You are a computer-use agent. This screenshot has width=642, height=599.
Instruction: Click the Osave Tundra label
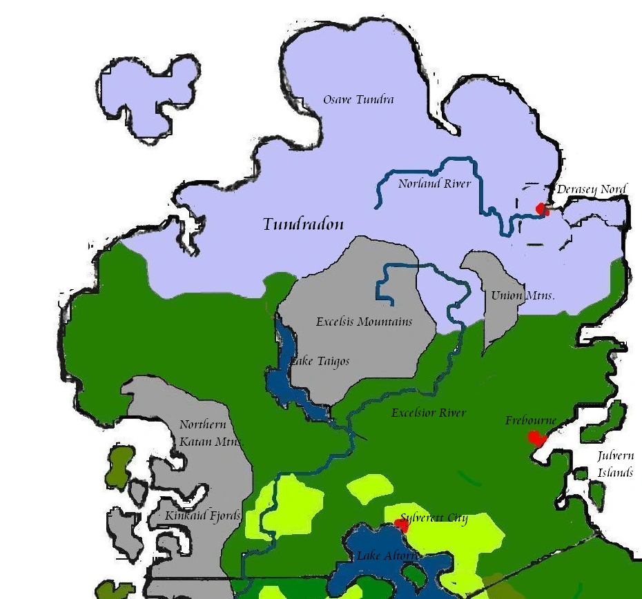click(358, 100)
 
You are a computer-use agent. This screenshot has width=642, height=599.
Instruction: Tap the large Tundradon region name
click(303, 224)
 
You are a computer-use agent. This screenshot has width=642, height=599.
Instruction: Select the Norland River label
click(434, 184)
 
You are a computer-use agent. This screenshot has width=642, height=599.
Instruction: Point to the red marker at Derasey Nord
click(542, 208)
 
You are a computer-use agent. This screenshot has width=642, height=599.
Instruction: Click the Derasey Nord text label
click(592, 189)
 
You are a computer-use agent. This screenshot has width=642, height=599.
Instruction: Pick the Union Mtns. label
click(522, 295)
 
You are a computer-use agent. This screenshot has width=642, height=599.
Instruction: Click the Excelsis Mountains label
click(364, 322)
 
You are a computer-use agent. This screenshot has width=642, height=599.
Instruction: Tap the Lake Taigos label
click(320, 361)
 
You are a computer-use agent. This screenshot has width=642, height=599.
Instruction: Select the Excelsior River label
click(428, 413)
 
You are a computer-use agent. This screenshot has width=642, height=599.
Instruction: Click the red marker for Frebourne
click(536, 438)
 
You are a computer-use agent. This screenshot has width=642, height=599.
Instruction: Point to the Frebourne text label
click(530, 420)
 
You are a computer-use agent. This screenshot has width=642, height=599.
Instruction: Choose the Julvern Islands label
click(615, 464)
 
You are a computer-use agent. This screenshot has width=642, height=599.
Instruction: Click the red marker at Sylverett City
click(401, 526)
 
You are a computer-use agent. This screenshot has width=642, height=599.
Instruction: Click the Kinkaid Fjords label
click(202, 515)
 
